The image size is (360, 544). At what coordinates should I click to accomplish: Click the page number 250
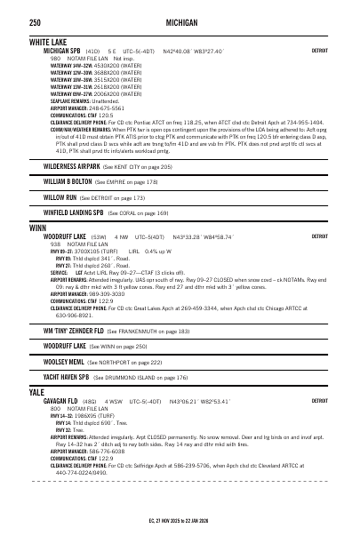(36, 21)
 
